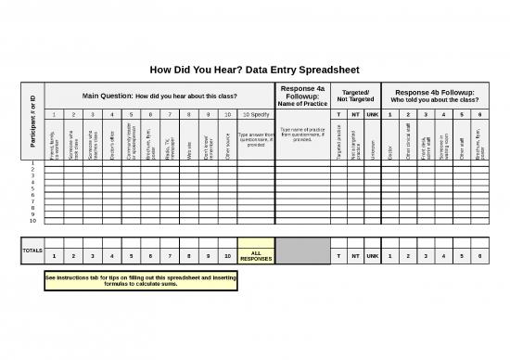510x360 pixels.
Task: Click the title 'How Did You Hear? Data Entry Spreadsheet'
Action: [x=254, y=70]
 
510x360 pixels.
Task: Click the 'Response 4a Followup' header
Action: [x=302, y=95]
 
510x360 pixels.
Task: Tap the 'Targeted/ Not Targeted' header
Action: [x=356, y=95]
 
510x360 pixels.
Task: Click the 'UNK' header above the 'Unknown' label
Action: [x=372, y=114]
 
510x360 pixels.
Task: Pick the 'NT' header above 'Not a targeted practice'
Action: [x=355, y=114]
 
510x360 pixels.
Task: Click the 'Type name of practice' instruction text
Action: [x=302, y=135]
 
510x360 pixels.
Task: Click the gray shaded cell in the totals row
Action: [x=302, y=250]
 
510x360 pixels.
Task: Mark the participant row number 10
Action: [x=32, y=221]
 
